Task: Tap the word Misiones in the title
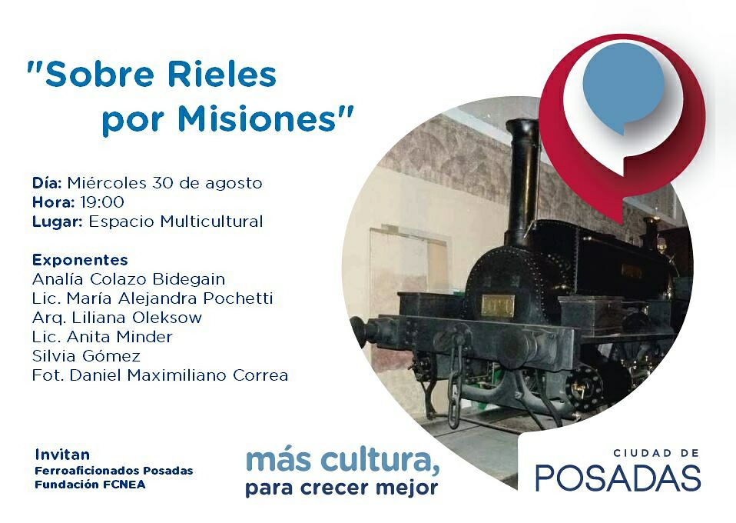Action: (x=257, y=119)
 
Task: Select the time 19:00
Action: (x=102, y=202)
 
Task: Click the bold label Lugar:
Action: (x=58, y=222)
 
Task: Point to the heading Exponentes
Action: (x=80, y=260)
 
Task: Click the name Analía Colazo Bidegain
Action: (x=128, y=279)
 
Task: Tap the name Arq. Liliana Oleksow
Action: (x=117, y=318)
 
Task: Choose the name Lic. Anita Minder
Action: (x=102, y=337)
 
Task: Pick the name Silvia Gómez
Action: (x=86, y=356)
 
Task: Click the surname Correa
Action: (x=260, y=375)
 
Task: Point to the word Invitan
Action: (x=62, y=455)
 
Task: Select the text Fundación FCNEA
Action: (x=90, y=485)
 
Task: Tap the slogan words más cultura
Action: (x=343, y=460)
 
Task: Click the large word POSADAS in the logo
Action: (x=618, y=478)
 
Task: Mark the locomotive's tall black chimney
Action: (x=522, y=183)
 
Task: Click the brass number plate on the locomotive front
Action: (x=498, y=305)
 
